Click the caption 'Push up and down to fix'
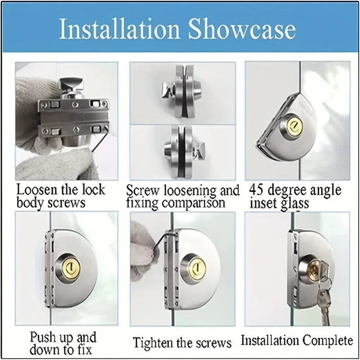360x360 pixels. tap(63, 342)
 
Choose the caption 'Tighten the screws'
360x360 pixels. tap(182, 343)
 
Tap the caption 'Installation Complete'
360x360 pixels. tap(297, 340)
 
